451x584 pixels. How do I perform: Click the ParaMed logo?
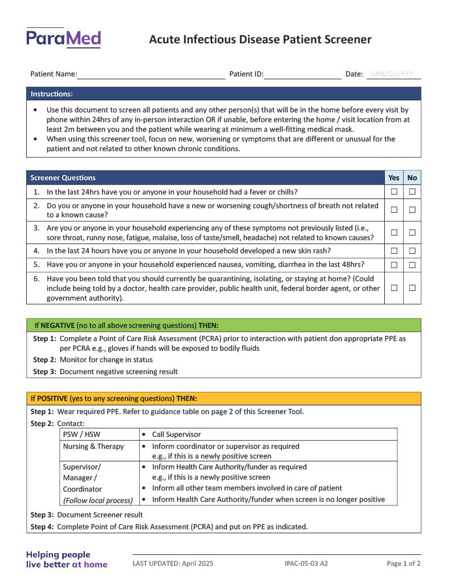coord(63,38)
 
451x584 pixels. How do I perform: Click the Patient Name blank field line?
coord(151,75)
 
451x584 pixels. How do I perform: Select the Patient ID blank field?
coord(302,75)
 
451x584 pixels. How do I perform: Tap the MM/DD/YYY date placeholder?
coord(392,74)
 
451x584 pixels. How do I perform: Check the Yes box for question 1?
coord(394,192)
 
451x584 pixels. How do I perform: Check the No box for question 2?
coord(412,210)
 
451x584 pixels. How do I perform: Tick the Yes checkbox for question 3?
coord(394,233)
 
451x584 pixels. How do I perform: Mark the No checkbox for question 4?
coord(412,251)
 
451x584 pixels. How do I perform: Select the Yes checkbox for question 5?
coord(394,265)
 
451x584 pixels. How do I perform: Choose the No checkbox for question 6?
coord(412,288)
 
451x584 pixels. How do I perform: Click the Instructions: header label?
coord(51,94)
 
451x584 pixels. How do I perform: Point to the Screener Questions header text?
coord(63,178)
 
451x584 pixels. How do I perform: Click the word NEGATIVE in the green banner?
coord(58,326)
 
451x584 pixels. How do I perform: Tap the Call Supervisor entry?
coord(176,435)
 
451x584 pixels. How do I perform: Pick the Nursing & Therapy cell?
coord(93,447)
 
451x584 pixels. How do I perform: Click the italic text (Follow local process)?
coord(97,500)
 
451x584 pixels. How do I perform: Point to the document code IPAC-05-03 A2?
coord(306,563)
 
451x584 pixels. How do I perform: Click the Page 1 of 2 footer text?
coord(404,563)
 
